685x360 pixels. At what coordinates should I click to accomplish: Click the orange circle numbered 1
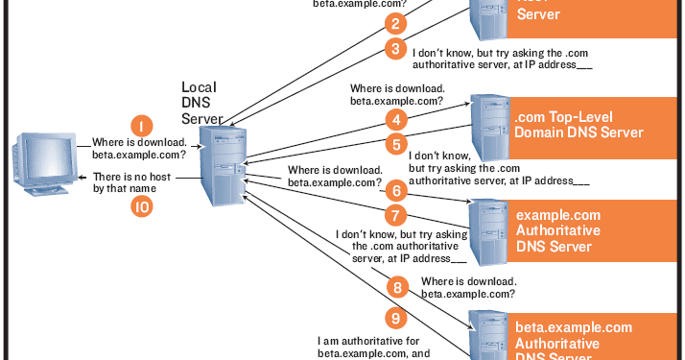point(141,125)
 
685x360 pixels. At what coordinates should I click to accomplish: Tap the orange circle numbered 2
point(393,24)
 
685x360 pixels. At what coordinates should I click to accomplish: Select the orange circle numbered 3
point(393,48)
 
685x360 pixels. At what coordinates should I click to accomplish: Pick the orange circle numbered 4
point(393,120)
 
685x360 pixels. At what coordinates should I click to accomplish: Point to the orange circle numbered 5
point(393,144)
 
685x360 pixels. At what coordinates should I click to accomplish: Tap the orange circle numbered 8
point(393,285)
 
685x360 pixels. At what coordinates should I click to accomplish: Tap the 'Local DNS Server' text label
point(202,103)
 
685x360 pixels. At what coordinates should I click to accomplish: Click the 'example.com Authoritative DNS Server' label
point(558,230)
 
